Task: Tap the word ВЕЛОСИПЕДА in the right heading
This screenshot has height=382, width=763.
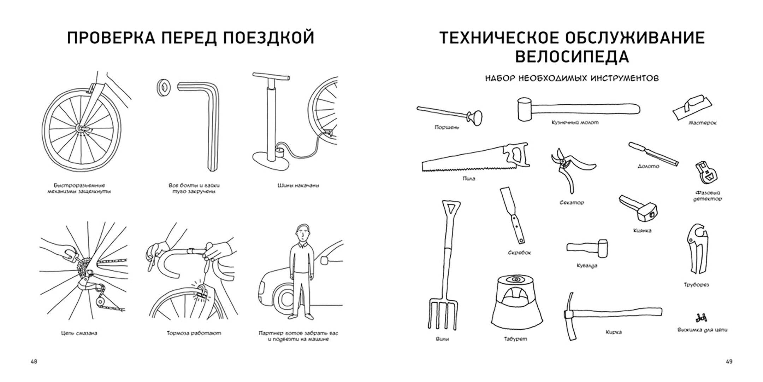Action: pos(572,57)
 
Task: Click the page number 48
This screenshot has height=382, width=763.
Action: pos(34,361)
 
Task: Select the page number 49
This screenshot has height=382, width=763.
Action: pos(729,361)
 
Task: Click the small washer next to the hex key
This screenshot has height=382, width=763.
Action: pos(164,87)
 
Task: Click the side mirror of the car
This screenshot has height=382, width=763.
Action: pos(325,260)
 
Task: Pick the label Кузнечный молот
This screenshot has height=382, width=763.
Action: pos(575,122)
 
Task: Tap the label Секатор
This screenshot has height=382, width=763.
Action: pos(572,203)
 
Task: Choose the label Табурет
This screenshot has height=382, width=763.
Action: pos(515,339)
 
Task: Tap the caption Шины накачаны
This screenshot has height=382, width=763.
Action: pos(298,185)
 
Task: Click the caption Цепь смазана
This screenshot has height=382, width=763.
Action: pos(78,333)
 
